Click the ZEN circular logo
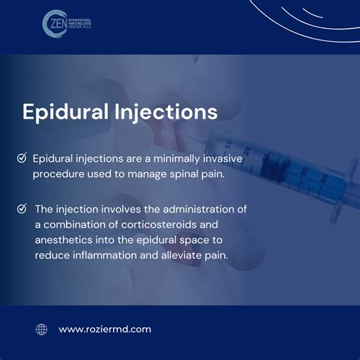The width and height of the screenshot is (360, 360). [x=54, y=23]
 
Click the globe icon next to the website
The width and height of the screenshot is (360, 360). [x=41, y=329]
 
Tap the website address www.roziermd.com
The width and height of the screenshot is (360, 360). [x=105, y=329]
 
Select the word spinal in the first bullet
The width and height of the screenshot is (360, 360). [x=181, y=174]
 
